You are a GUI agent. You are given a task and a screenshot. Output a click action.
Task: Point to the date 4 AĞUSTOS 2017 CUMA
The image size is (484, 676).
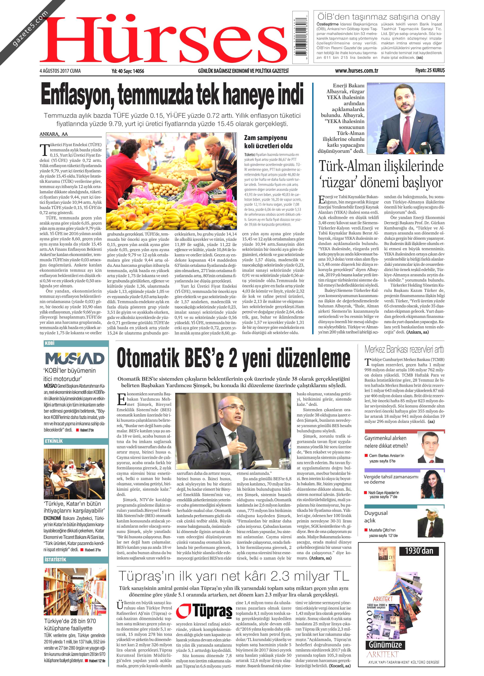[x=60, y=71]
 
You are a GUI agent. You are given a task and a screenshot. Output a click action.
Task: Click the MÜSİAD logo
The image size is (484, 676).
[x=74, y=359]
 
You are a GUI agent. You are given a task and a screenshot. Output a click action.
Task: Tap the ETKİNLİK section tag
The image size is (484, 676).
[x=54, y=441]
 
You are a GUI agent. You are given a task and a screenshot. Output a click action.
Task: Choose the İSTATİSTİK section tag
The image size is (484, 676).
[x=55, y=559]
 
